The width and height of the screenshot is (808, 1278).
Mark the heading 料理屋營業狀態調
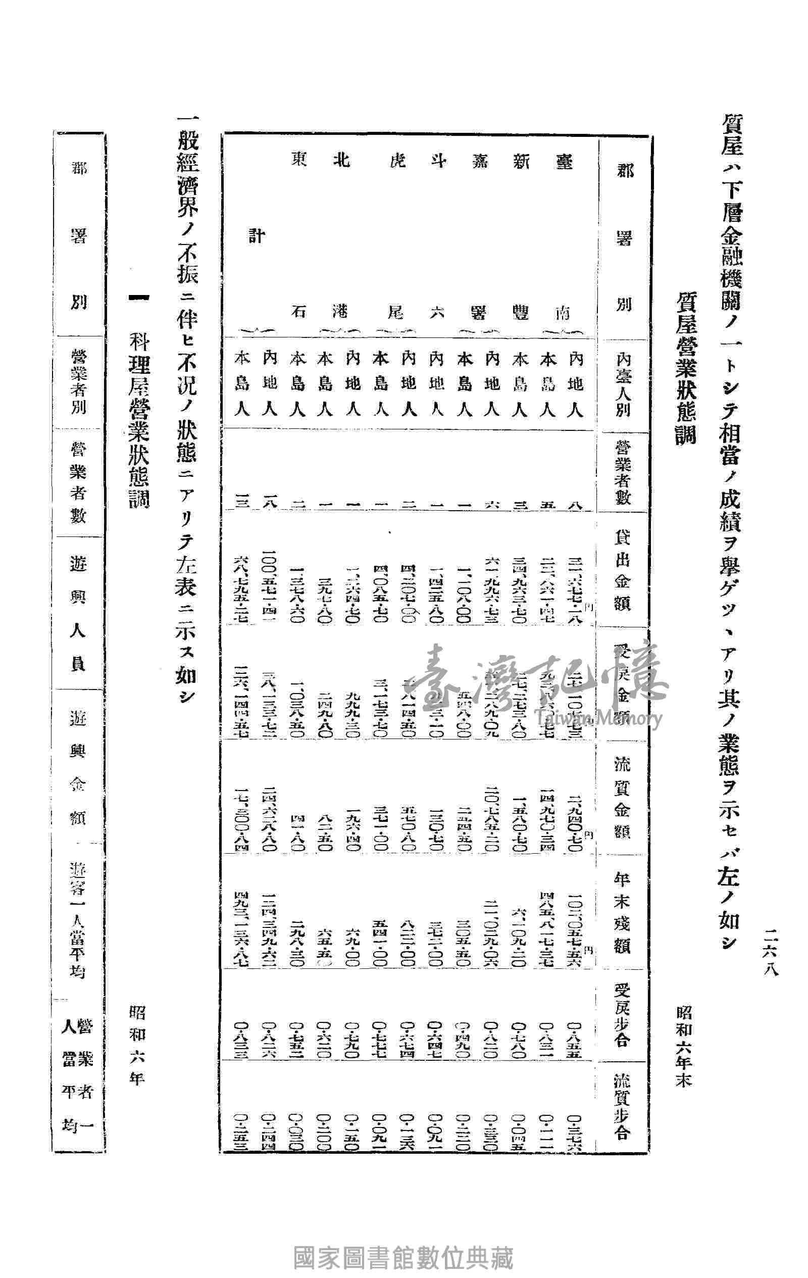139,422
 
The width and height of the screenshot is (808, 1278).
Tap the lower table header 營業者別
78,385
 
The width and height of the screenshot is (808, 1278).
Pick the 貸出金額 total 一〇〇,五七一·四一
271,578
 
